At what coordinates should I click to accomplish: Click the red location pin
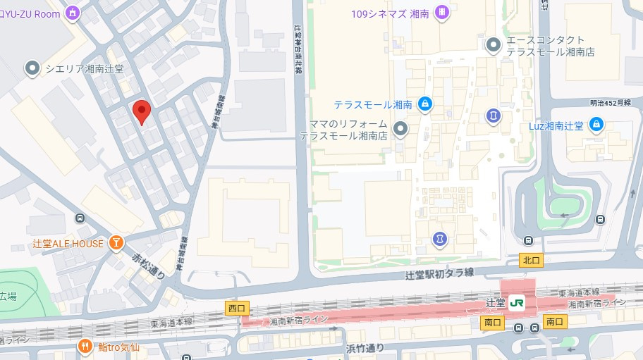[x=142, y=111]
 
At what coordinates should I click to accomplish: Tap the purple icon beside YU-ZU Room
[x=72, y=13]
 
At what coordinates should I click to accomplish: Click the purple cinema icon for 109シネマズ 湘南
[x=441, y=12]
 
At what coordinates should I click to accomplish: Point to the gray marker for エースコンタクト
[x=494, y=45]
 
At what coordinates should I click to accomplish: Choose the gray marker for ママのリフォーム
[x=400, y=129]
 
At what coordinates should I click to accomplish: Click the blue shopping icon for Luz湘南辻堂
[x=596, y=125]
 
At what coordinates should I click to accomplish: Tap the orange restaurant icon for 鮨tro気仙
[x=85, y=346]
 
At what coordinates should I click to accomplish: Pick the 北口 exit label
[x=531, y=260]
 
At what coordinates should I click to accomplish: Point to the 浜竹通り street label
[x=365, y=347]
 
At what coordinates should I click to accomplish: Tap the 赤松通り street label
[x=148, y=265]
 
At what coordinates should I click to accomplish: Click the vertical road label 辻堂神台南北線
[x=298, y=49]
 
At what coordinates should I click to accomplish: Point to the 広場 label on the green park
[x=8, y=295]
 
